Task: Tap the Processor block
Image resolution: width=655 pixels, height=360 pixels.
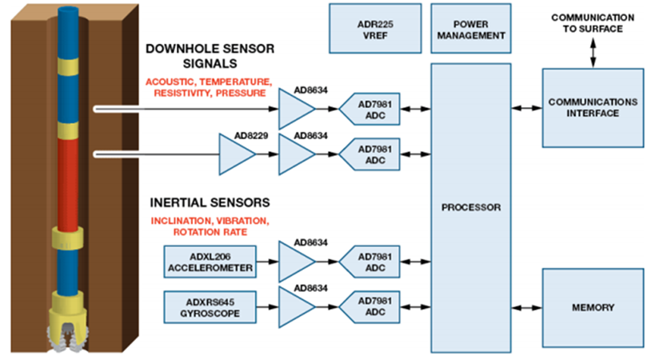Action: (470, 207)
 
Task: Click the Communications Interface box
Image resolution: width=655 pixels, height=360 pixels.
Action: (593, 107)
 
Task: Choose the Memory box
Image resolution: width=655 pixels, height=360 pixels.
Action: (593, 307)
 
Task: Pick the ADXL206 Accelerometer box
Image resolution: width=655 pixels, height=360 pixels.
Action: (210, 261)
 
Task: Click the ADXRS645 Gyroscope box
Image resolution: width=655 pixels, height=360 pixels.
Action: (210, 307)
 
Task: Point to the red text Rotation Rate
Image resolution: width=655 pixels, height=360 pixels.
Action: (210, 232)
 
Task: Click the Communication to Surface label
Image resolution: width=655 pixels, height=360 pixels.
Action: (593, 23)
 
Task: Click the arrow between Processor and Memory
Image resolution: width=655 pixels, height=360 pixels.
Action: (526, 307)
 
